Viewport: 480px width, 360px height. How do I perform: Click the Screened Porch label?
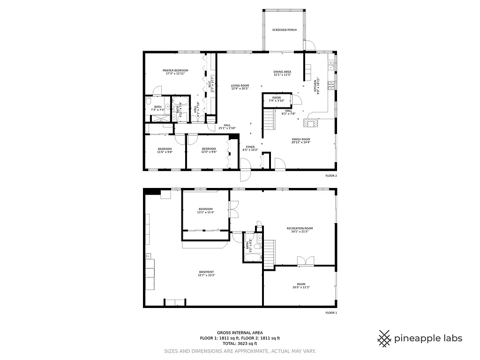[285, 30]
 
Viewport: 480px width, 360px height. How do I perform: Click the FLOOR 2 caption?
[331, 176]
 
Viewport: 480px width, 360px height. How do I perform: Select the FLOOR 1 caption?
[331, 312]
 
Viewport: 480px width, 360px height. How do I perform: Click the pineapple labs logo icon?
[384, 338]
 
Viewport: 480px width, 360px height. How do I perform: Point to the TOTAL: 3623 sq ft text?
[240, 344]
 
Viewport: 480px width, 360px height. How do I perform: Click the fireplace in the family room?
[310, 123]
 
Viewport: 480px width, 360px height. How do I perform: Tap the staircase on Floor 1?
[269, 254]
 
